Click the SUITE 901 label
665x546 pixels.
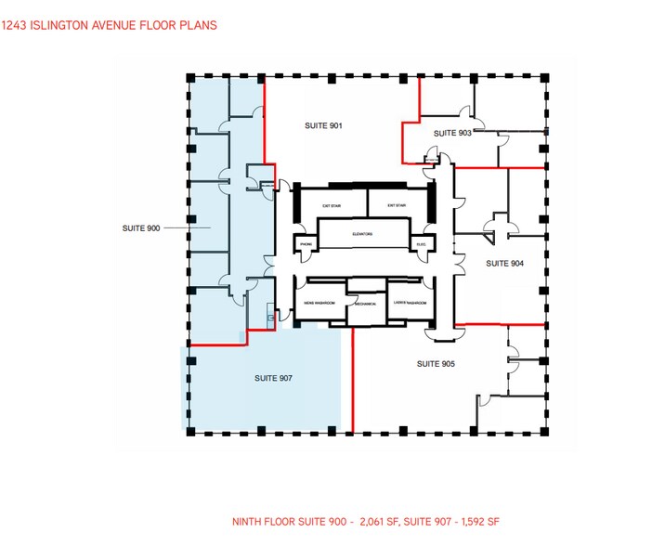click(323, 125)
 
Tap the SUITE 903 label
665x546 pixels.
click(452, 134)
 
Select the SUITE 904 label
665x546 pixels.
click(504, 263)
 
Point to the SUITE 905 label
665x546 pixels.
click(435, 363)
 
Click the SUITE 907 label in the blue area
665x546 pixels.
click(273, 379)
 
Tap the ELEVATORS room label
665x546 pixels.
click(362, 234)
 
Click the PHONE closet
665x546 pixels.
click(306, 245)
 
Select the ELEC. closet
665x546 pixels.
click(421, 245)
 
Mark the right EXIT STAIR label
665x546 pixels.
click(398, 204)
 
